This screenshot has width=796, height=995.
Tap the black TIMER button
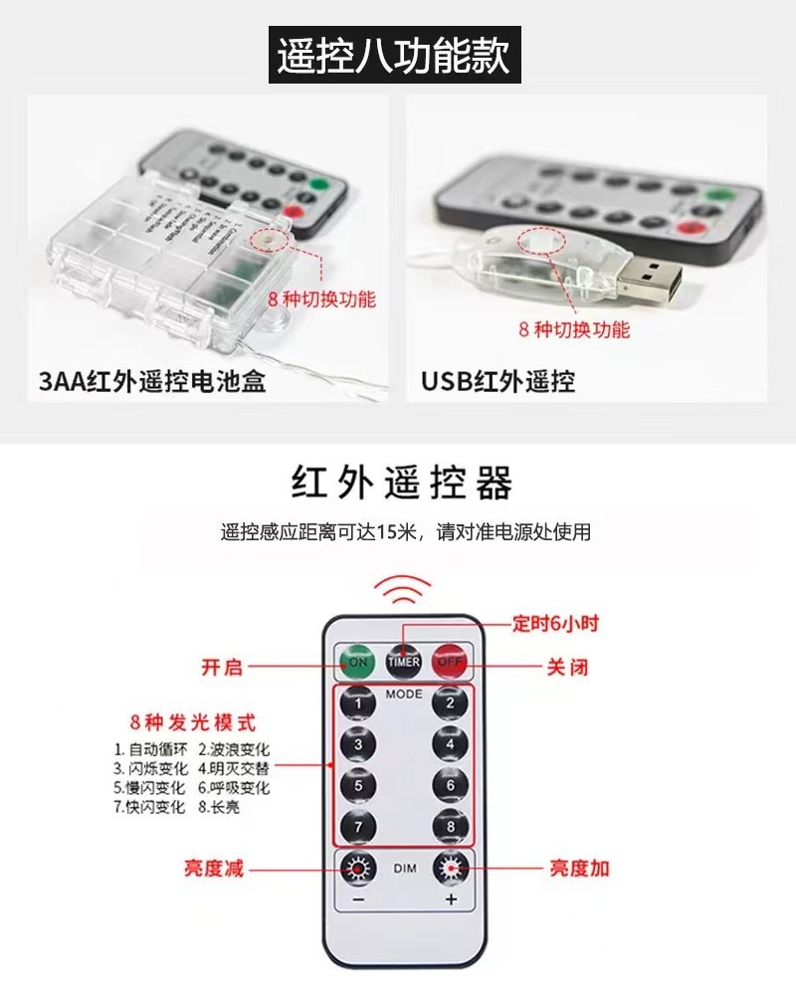point(404,659)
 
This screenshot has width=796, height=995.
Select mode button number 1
point(358,703)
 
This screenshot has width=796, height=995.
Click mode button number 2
point(450,703)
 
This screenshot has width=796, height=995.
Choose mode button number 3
point(358,744)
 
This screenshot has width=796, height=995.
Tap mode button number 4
point(450,744)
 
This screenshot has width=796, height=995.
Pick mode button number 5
point(358,785)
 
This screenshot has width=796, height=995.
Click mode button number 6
point(450,785)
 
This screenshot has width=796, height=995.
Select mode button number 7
point(358,826)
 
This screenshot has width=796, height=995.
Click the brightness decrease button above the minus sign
point(358,869)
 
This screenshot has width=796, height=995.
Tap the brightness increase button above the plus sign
point(450,869)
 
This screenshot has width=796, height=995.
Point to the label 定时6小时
point(555,624)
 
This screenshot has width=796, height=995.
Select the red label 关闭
point(568,667)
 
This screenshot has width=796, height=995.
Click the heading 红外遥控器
point(402,484)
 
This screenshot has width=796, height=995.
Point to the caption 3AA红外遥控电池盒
point(152,381)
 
